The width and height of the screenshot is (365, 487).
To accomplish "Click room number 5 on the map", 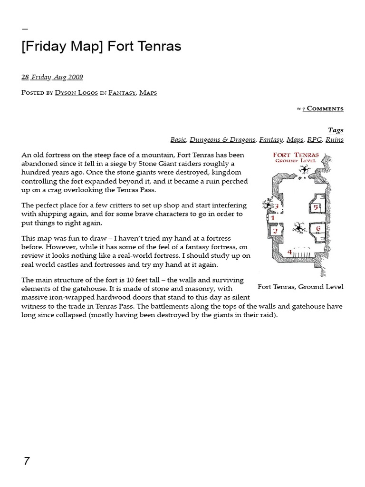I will (315, 207).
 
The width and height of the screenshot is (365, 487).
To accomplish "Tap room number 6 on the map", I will (318, 229).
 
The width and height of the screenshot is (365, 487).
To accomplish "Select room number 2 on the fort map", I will (275, 231).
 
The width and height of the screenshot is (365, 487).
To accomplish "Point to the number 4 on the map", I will (289, 252).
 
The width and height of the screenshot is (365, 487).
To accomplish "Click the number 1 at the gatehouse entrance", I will (272, 218).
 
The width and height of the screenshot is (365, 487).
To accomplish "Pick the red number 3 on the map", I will (276, 207).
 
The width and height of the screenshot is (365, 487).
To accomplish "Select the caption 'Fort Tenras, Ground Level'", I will (300, 287).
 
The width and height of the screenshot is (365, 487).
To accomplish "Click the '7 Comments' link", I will (323, 109).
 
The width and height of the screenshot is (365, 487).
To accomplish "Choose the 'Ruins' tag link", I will (335, 139).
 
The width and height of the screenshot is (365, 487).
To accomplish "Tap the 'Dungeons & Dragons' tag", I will (222, 139).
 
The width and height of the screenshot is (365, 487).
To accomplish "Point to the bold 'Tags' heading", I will (336, 130).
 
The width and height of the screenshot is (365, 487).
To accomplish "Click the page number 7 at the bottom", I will (27, 461).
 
